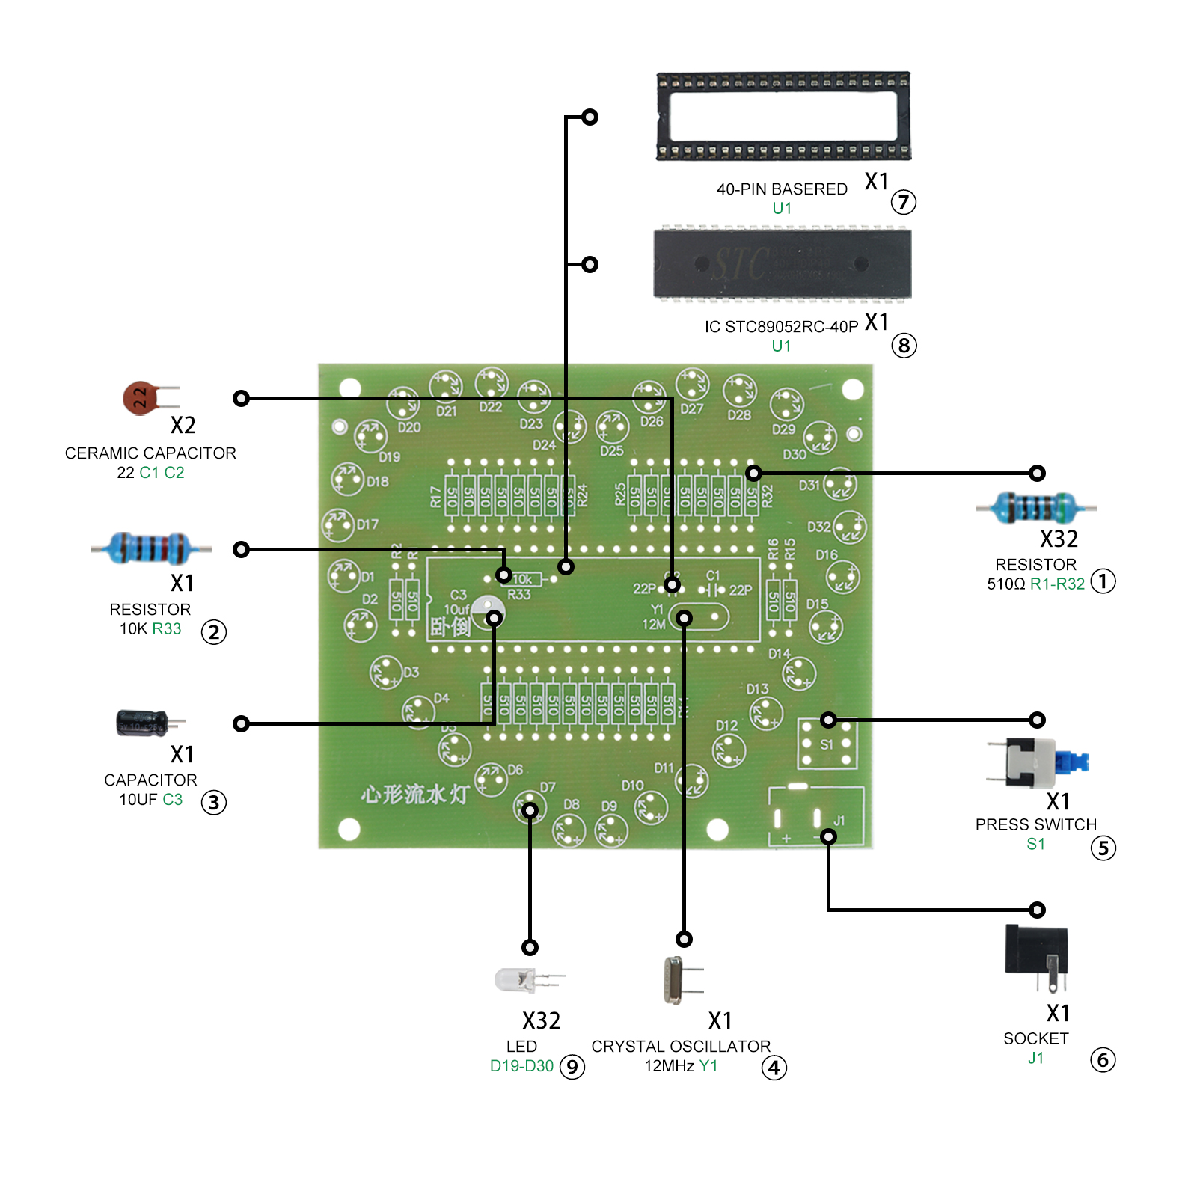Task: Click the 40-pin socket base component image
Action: (x=783, y=116)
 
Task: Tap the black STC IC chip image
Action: (x=783, y=264)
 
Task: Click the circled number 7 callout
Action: (x=903, y=202)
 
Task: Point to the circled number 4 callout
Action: (x=774, y=1068)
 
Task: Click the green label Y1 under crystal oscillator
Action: (x=708, y=1066)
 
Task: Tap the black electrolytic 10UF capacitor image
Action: (x=144, y=723)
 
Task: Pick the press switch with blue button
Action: (x=1036, y=762)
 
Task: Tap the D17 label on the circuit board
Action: (x=367, y=524)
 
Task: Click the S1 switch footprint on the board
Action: (x=826, y=744)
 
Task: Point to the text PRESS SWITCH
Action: (x=1035, y=824)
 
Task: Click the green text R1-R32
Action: (x=1056, y=584)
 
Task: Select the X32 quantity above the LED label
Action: (x=541, y=1020)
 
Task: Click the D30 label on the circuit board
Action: (x=794, y=454)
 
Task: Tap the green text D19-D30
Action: (x=521, y=1066)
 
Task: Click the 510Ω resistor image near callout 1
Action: (x=1036, y=508)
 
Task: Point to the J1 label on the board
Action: (x=839, y=821)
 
